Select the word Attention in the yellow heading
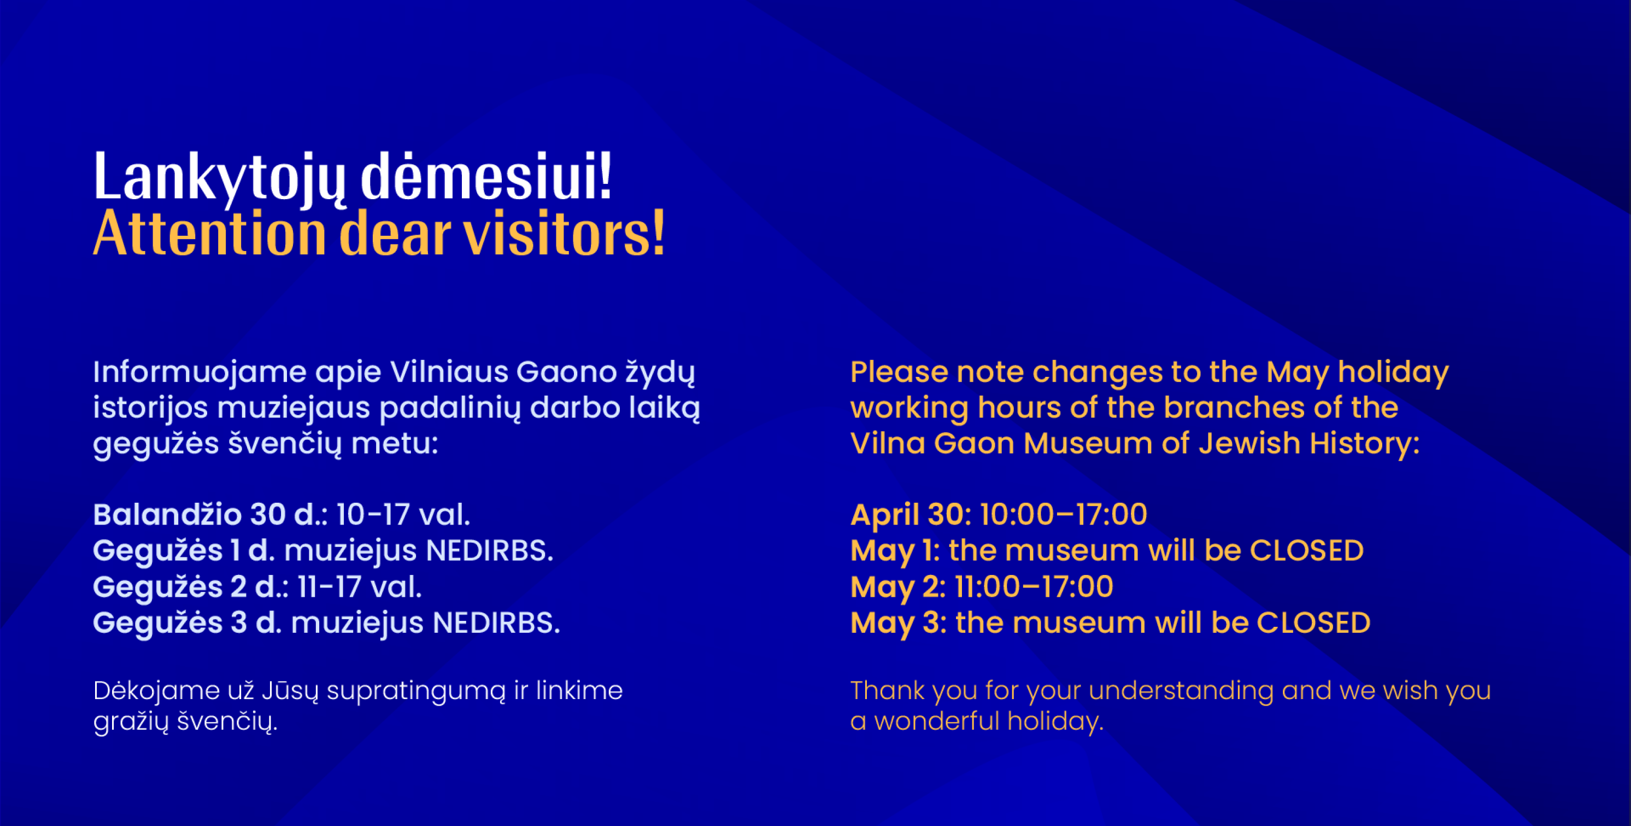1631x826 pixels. pyautogui.click(x=209, y=233)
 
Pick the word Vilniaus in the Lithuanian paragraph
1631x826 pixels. pyautogui.click(x=449, y=372)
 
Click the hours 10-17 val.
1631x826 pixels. pyautogui.click(x=403, y=514)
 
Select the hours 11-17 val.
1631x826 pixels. pyautogui.click(x=360, y=586)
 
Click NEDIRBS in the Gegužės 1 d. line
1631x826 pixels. pyautogui.click(x=489, y=550)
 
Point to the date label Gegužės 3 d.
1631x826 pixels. pyautogui.click(x=186, y=623)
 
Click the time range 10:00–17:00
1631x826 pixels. pyautogui.click(x=1064, y=514)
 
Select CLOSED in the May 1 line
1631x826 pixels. pyautogui.click(x=1307, y=550)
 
